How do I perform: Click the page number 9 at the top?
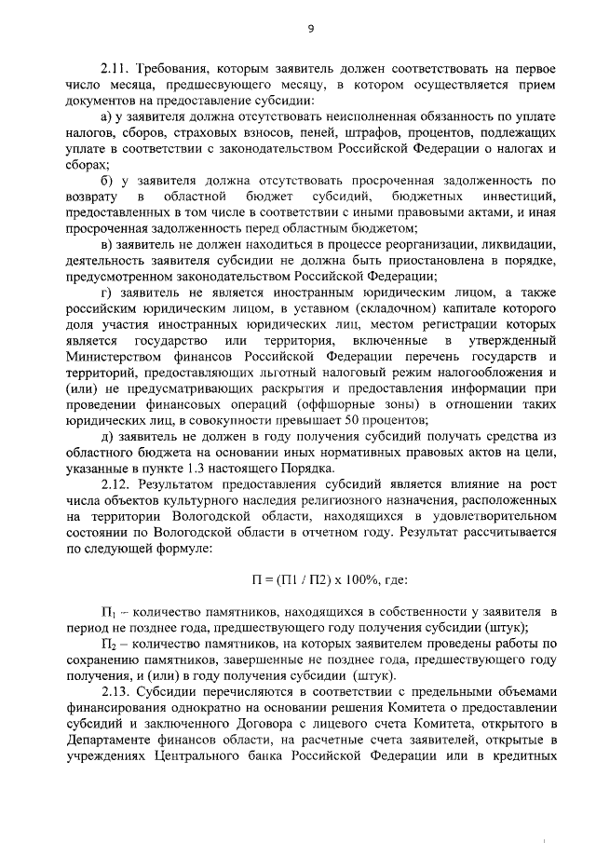click(310, 29)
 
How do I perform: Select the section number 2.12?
click(115, 486)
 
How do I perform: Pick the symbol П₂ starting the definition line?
click(106, 644)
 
